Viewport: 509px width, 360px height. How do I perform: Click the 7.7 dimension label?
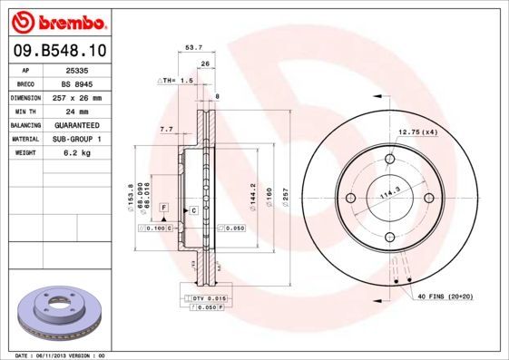click(166, 130)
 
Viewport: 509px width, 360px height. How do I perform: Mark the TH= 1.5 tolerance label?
click(178, 81)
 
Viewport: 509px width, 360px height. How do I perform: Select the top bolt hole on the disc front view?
click(390, 161)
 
